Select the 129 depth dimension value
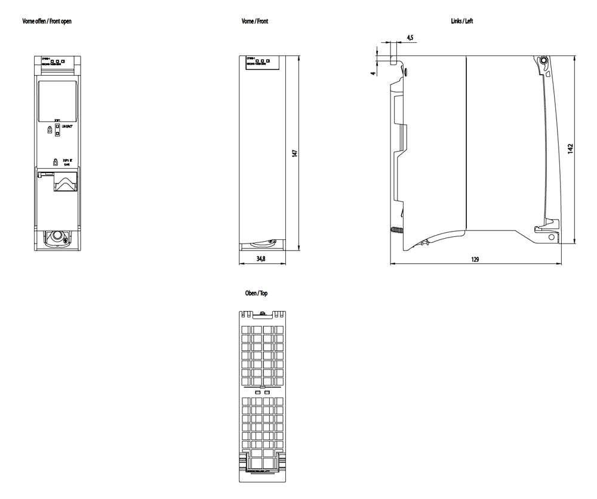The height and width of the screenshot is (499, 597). [x=476, y=260]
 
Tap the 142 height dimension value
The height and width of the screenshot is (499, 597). [x=571, y=148]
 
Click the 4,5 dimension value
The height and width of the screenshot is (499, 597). [x=410, y=38]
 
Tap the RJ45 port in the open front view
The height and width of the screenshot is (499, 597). [x=64, y=181]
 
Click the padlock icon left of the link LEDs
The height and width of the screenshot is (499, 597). [x=48, y=130]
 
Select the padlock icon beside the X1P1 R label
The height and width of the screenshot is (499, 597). [x=55, y=161]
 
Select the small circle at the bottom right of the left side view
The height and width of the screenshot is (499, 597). [x=551, y=238]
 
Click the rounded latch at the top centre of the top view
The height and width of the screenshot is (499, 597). [x=263, y=312]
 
